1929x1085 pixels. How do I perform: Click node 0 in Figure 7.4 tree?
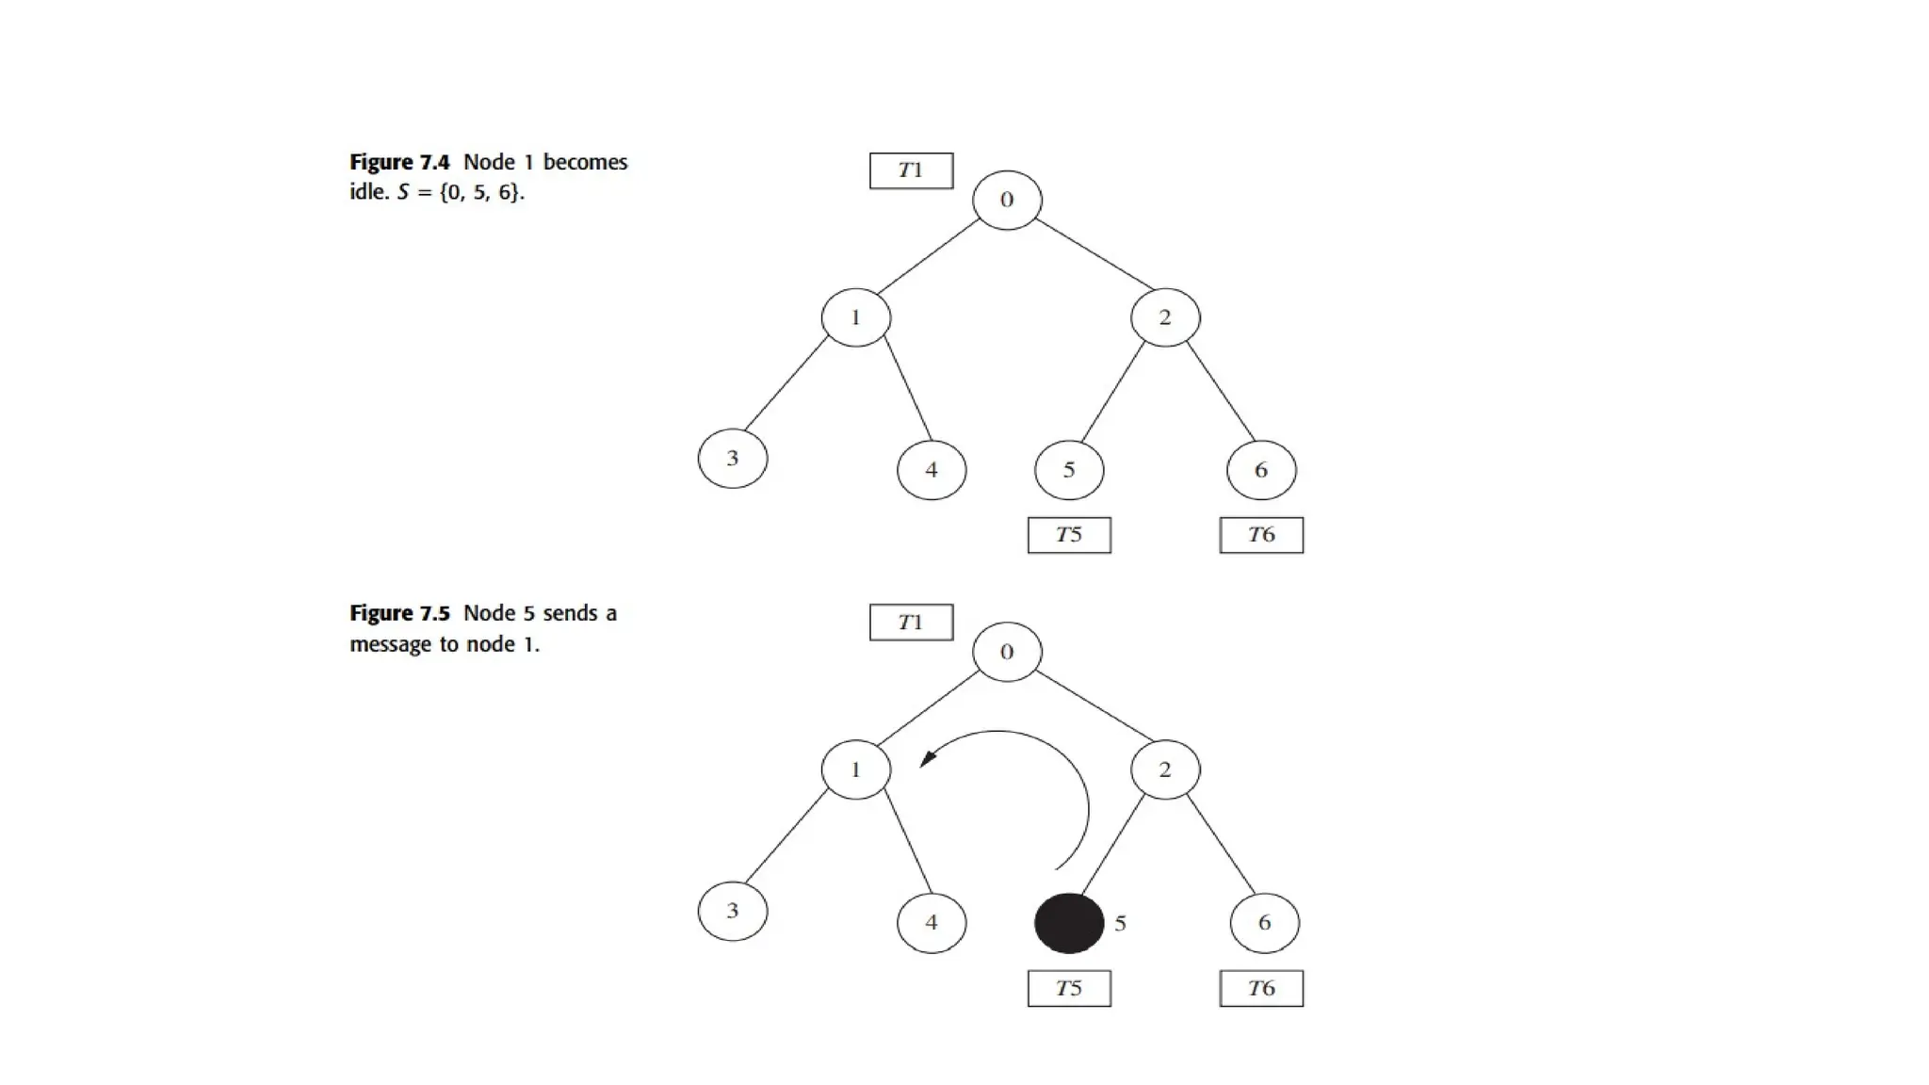1006,200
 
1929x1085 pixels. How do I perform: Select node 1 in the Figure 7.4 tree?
855,317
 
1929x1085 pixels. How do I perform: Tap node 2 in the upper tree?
1165,317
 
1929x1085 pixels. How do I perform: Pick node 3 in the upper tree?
732,459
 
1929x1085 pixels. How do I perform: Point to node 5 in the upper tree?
1069,470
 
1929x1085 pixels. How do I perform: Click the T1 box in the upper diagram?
911,170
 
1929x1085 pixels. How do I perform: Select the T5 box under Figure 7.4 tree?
1069,535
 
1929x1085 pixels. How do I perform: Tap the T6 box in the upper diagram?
1261,535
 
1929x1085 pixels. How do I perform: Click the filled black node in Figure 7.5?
1069,923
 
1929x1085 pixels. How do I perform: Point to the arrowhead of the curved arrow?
928,758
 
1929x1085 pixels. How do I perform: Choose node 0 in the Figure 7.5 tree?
1006,652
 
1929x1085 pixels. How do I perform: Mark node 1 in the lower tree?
855,769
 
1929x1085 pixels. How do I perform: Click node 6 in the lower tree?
1264,923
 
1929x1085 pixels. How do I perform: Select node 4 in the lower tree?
932,923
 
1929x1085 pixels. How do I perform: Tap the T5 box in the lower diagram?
1069,988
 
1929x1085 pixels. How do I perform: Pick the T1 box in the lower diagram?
911,623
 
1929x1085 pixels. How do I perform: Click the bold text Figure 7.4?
399,162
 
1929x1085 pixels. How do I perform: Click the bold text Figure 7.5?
399,613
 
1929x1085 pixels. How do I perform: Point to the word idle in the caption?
367,191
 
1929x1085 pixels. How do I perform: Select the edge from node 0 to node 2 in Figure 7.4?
1094,254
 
